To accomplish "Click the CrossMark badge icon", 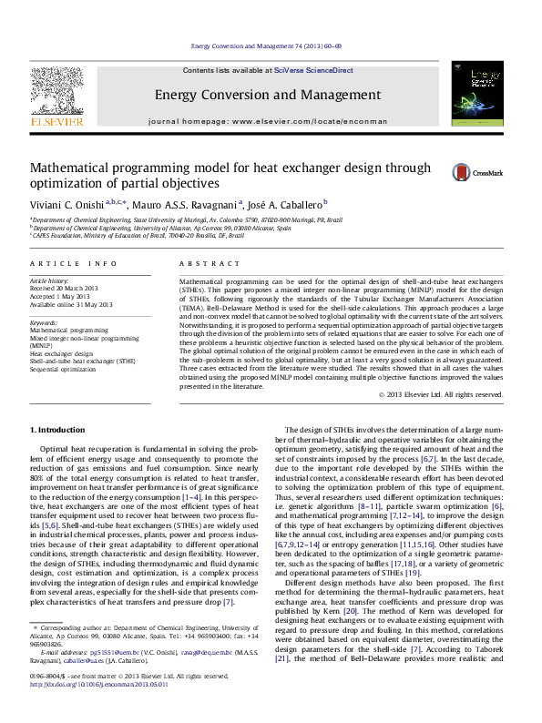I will click(x=463, y=172).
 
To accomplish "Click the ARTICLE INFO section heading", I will click(x=74, y=263).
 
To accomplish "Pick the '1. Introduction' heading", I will click(x=58, y=428).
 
